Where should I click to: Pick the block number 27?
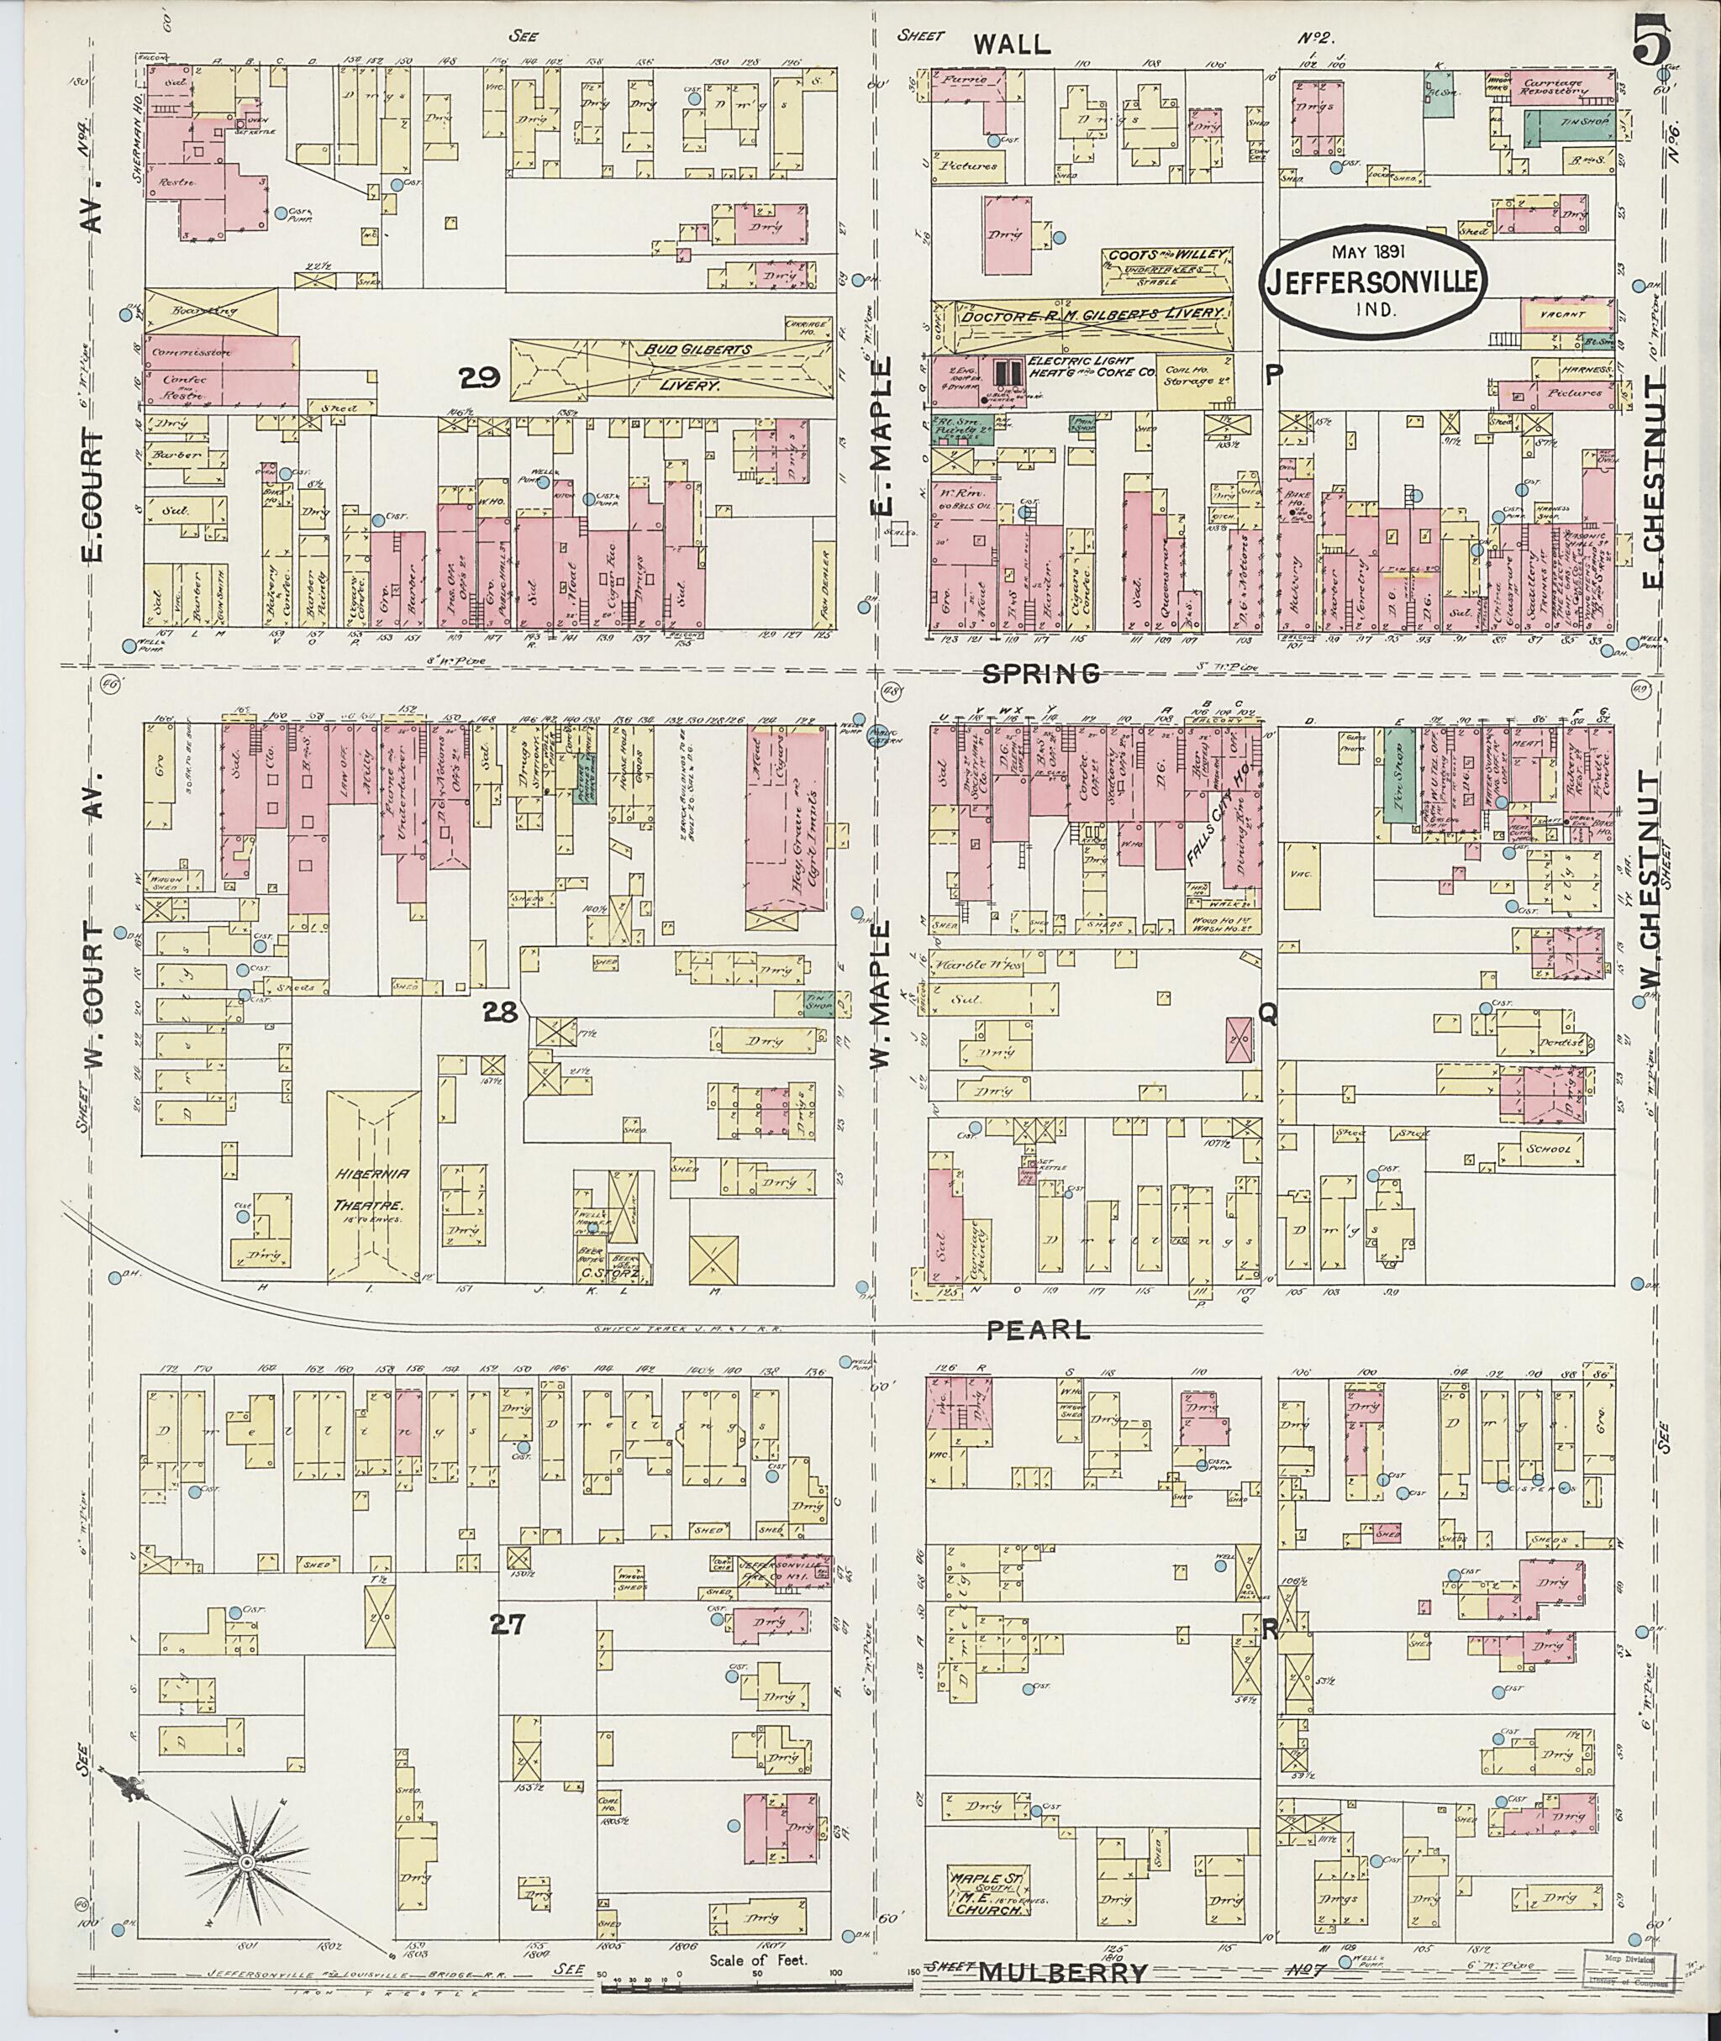(x=508, y=1624)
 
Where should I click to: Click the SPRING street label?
(x=1041, y=672)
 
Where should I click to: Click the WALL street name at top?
(x=1012, y=43)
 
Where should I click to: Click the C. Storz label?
(x=613, y=1271)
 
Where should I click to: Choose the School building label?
(x=1549, y=1149)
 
